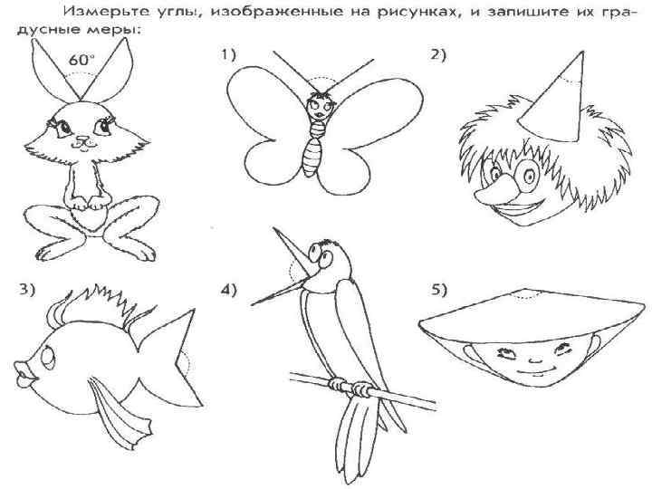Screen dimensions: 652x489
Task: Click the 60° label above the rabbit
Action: tap(81, 61)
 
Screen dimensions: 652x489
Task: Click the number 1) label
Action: tap(228, 54)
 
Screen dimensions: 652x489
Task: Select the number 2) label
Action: tap(438, 55)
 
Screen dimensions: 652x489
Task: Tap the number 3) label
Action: tap(27, 290)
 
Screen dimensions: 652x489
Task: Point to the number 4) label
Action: tap(228, 290)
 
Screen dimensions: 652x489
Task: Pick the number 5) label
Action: tap(438, 290)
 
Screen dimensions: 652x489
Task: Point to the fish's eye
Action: tap(49, 357)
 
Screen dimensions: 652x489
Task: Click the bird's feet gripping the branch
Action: tap(350, 387)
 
